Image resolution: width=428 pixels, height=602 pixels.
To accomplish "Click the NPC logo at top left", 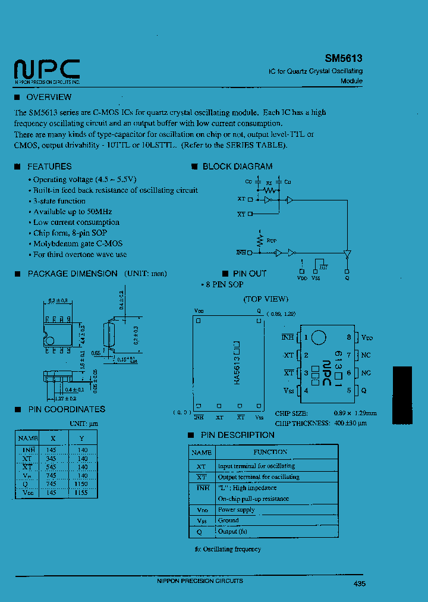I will point(47,70).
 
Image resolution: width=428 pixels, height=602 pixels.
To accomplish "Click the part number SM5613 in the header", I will point(343,59).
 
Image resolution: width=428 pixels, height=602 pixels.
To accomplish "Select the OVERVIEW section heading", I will point(49,97).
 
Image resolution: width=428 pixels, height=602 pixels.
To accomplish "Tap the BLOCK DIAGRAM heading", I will point(237,167).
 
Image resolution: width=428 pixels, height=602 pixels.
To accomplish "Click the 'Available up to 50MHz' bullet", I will point(73,212).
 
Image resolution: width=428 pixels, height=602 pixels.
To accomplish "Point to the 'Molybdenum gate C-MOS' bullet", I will point(78,244).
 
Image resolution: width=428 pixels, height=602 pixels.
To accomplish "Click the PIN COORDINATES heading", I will point(67,409).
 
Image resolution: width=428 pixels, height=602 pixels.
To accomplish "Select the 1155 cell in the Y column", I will point(82,493).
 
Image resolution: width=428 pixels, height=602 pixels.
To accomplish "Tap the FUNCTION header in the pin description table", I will point(270,452).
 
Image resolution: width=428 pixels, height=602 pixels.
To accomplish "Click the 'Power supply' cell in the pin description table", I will point(236,510).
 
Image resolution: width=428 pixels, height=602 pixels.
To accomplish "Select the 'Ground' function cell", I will point(228,521).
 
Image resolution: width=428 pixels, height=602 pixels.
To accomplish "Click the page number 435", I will point(359,584).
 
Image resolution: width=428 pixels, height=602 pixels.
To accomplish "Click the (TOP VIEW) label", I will point(265,299).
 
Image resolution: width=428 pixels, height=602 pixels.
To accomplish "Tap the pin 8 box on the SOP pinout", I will point(350,338).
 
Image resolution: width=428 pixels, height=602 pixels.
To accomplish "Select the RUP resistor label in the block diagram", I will point(272,241).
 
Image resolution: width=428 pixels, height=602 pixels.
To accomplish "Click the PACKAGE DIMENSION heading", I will point(72,274).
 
